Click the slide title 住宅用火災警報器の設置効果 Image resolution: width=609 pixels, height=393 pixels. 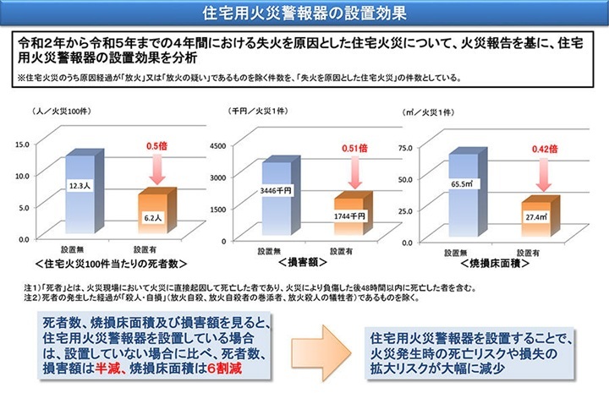tap(304, 14)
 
